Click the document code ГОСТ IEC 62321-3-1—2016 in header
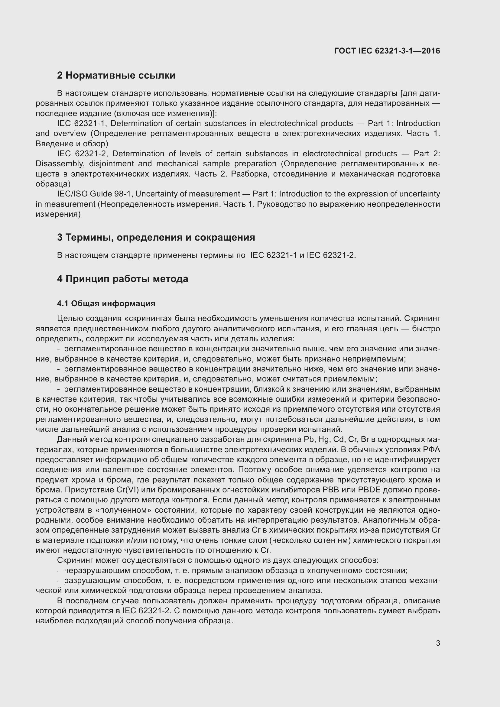click(x=387, y=51)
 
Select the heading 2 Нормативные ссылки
click(x=116, y=76)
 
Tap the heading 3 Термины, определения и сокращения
click(x=156, y=237)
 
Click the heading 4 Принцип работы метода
click(x=122, y=279)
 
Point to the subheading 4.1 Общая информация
click(x=106, y=303)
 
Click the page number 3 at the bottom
click(x=438, y=643)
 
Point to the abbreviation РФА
click(x=431, y=449)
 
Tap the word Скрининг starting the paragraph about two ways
click(x=76, y=560)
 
